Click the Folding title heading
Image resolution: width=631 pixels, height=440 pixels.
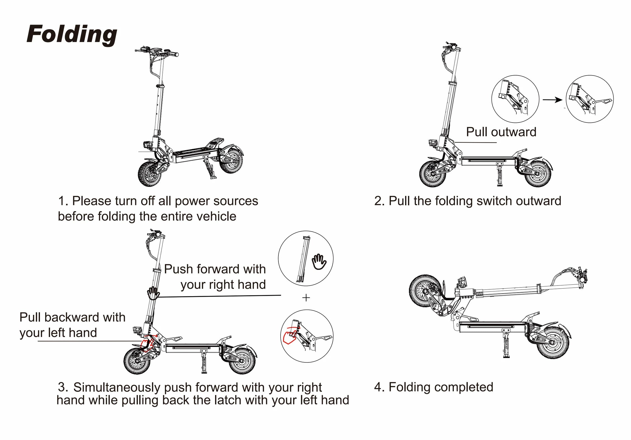coord(72,34)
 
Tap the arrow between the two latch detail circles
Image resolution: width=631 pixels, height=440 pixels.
coord(552,100)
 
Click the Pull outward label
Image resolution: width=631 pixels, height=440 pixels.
coord(501,132)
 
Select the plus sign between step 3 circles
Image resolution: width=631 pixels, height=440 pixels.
coord(306,298)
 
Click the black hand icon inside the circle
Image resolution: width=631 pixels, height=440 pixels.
coord(319,262)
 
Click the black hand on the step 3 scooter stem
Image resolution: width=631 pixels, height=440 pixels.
coord(153,293)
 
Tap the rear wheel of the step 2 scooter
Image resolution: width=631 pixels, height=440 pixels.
coord(537,173)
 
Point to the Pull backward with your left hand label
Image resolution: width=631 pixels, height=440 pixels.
coord(72,325)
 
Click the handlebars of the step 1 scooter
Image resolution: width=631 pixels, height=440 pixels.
coord(156,52)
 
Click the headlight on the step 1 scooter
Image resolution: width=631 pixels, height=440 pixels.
coord(147,145)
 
